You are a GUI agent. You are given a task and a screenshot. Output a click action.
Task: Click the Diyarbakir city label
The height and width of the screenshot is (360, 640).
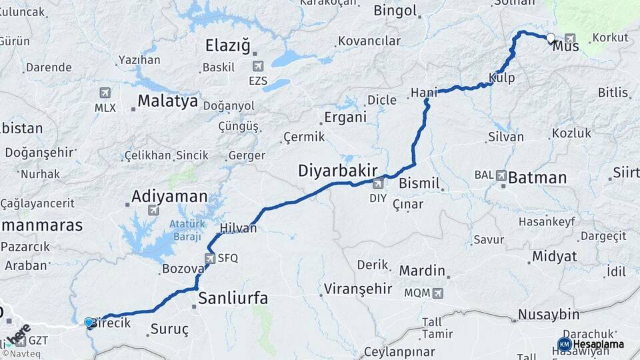click(338, 171)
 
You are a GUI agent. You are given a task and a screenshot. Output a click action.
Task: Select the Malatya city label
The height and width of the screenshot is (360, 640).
click(167, 101)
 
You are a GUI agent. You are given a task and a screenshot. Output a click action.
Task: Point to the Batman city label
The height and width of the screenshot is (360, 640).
click(537, 178)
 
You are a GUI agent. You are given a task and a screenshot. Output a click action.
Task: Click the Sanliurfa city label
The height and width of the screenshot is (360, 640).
click(233, 298)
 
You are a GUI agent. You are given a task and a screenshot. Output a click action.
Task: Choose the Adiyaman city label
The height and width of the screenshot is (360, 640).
click(169, 197)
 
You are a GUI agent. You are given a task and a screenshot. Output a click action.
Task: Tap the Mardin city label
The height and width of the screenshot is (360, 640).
click(422, 271)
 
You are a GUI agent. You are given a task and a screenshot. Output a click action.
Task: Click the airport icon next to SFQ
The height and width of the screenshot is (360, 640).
click(209, 257)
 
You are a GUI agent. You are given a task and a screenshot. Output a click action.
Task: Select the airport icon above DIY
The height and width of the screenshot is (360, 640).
click(378, 184)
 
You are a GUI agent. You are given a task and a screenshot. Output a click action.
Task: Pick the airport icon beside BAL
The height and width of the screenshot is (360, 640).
click(501, 175)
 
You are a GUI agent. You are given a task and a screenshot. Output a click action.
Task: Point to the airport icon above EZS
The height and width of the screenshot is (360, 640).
click(257, 66)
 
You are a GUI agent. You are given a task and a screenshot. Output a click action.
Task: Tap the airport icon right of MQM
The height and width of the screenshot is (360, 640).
click(437, 293)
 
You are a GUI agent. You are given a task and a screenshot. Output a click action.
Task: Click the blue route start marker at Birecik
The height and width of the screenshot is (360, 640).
click(89, 323)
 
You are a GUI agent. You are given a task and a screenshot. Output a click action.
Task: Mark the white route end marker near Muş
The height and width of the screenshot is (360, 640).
click(551, 39)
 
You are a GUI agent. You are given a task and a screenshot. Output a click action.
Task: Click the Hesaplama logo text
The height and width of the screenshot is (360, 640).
click(598, 345)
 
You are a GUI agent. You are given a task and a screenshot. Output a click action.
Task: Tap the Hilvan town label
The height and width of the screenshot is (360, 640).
click(239, 228)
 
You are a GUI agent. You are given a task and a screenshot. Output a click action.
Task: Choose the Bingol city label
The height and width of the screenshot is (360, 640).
click(395, 11)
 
